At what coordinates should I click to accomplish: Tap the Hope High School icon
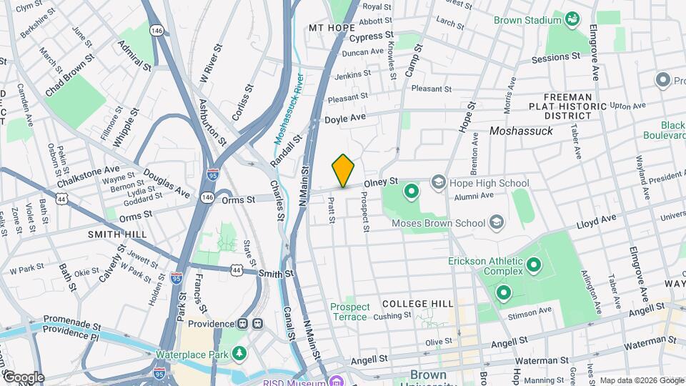[x=437, y=183]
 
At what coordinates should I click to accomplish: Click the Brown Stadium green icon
[x=572, y=19]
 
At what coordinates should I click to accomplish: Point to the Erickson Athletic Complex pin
[x=533, y=267]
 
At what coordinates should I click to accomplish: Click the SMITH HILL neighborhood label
[x=117, y=234]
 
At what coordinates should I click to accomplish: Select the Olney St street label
[x=380, y=184]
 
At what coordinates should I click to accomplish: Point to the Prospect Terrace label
[x=349, y=312]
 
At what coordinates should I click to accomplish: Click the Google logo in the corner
[x=23, y=377]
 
